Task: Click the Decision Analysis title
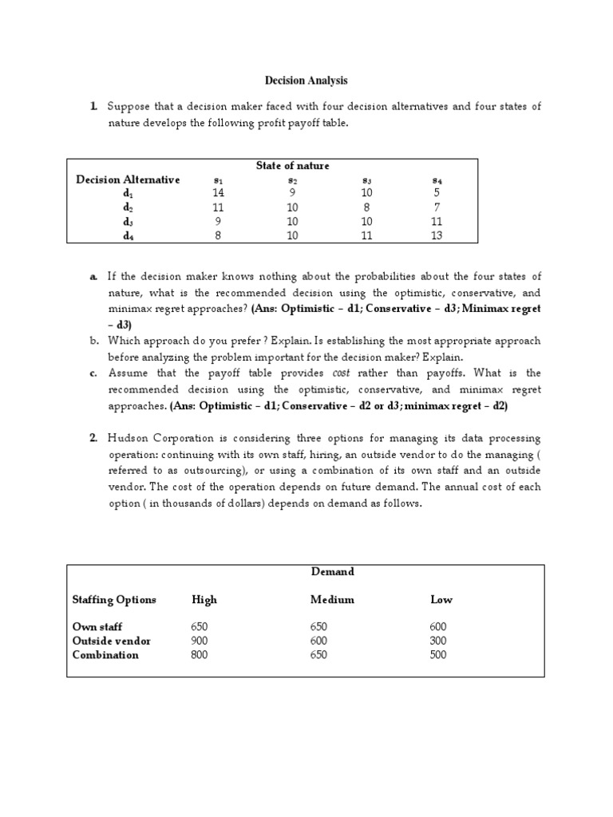(x=306, y=81)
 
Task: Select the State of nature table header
(x=292, y=165)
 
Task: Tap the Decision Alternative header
(x=128, y=180)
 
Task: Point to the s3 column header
(x=366, y=180)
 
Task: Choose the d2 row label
(x=128, y=207)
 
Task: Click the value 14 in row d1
(x=219, y=193)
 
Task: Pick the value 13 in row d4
(x=436, y=235)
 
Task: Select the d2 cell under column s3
(x=366, y=207)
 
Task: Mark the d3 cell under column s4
(x=436, y=221)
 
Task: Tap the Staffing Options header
(x=114, y=599)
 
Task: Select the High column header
(x=204, y=599)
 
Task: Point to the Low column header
(x=441, y=599)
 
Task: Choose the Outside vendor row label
(x=112, y=641)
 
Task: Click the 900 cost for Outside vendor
(x=201, y=641)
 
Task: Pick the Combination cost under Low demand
(x=438, y=655)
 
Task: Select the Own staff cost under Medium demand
(x=319, y=627)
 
